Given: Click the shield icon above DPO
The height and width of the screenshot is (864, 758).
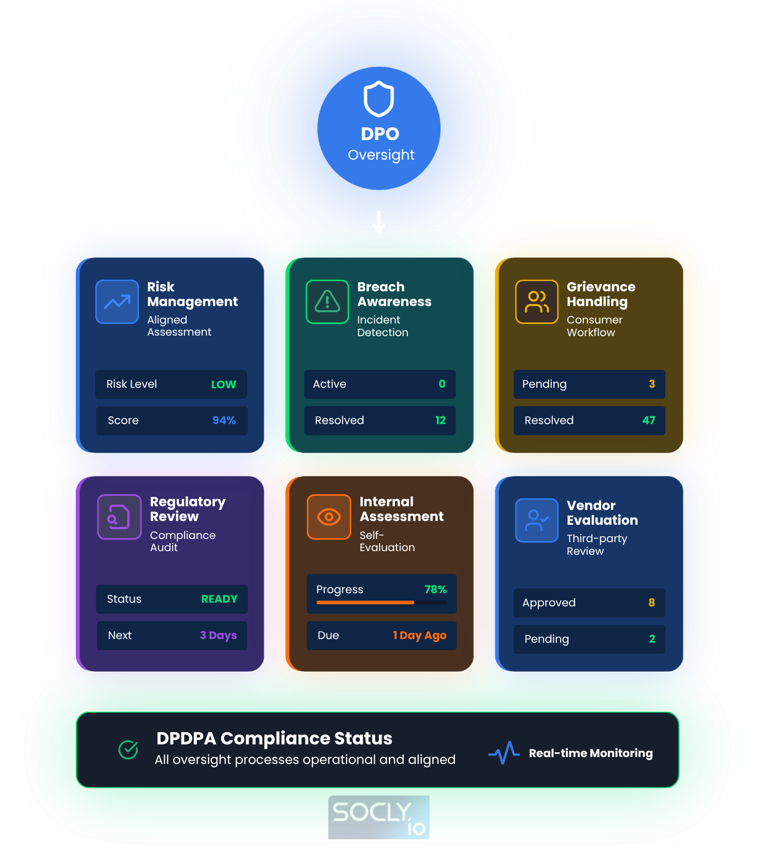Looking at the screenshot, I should tap(379, 99).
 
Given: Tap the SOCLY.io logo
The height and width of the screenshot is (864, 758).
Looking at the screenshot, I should tap(379, 817).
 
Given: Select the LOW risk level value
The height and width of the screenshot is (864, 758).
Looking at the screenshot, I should tap(224, 385).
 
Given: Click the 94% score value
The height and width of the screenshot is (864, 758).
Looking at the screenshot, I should tap(224, 420).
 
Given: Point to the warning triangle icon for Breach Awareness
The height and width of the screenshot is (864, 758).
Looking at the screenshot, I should tap(327, 302).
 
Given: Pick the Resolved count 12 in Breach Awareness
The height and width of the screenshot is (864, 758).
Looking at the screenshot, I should tap(441, 420).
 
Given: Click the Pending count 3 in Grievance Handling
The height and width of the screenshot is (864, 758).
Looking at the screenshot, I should tap(652, 384).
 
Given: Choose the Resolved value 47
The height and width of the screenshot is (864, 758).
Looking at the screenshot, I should tap(649, 420).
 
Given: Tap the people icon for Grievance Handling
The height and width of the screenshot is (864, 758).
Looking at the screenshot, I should tap(536, 302).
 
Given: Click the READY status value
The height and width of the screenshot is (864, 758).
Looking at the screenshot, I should tap(220, 599).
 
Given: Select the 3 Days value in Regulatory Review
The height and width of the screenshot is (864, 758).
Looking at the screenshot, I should tap(218, 635).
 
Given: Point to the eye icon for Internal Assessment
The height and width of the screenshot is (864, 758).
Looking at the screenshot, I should tap(329, 517).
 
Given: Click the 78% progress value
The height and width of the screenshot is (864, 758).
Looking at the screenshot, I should tap(436, 590).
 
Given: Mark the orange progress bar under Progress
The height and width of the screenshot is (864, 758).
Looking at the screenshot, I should tap(365, 602).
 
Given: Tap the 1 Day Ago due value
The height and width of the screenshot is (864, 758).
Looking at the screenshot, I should tap(420, 635).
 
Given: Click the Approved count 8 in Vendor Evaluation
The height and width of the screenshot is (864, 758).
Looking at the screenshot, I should tap(652, 603).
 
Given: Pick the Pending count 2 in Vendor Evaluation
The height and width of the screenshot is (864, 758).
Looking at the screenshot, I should tap(652, 639).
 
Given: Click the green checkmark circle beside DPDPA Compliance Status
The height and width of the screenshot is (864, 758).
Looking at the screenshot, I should tap(128, 749).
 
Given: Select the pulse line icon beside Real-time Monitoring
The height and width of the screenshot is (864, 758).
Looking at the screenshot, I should tap(504, 753).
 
